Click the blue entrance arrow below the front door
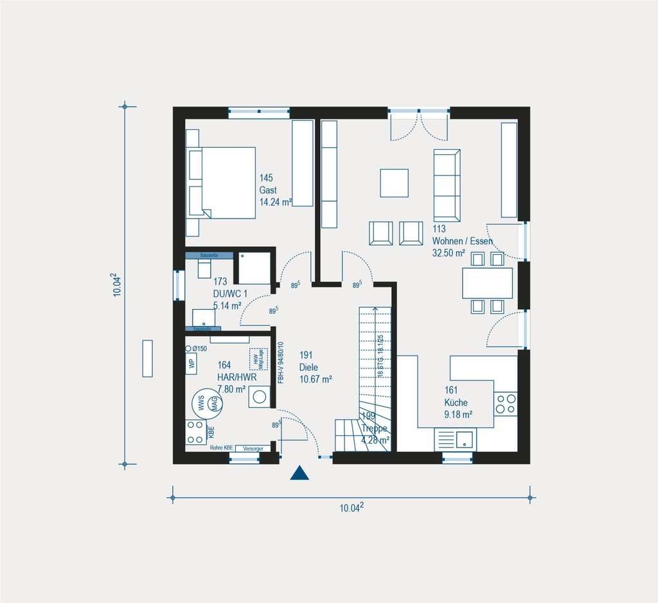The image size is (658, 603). pos(299,474)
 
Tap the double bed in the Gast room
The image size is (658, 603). pos(221,183)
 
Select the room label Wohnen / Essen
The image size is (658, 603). pos(462,241)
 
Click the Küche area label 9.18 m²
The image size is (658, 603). pos(458,414)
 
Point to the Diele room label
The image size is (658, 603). pos(308,367)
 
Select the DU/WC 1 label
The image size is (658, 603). pos(231,294)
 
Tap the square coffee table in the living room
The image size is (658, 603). pos(394,183)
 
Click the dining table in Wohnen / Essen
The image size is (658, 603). pos(487,283)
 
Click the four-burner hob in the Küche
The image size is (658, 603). pos(506,403)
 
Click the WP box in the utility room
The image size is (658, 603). pos(191,362)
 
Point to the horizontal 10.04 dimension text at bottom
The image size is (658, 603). pos(351,508)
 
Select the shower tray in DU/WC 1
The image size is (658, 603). pos(254,267)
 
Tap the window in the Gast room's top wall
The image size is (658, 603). pos(258,113)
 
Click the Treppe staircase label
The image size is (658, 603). pos(375,428)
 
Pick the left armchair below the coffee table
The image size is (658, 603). pos(380,233)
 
